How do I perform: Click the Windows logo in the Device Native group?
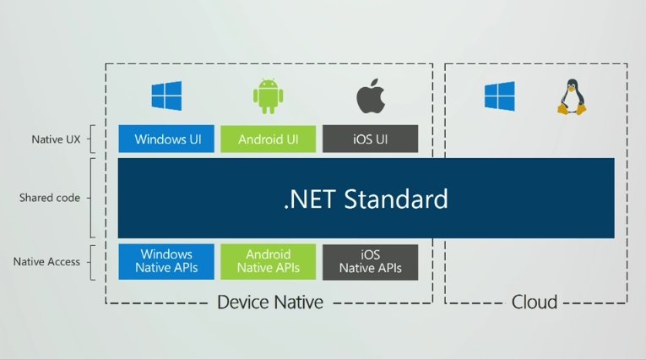click(166, 96)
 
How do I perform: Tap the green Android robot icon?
click(267, 96)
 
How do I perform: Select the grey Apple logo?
click(369, 96)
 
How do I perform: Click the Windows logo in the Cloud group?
click(499, 96)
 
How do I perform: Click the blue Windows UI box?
click(166, 139)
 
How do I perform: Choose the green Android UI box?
click(268, 139)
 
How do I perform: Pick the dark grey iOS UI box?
click(370, 139)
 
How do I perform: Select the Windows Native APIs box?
click(166, 262)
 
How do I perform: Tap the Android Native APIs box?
click(268, 262)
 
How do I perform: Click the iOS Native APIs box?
click(370, 262)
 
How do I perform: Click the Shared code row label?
click(50, 198)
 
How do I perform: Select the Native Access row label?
click(46, 262)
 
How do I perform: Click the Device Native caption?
click(269, 302)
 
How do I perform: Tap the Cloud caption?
click(535, 302)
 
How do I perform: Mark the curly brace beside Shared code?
click(91, 198)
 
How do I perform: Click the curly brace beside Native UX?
click(91, 138)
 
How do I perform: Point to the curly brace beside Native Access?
click(91, 262)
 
